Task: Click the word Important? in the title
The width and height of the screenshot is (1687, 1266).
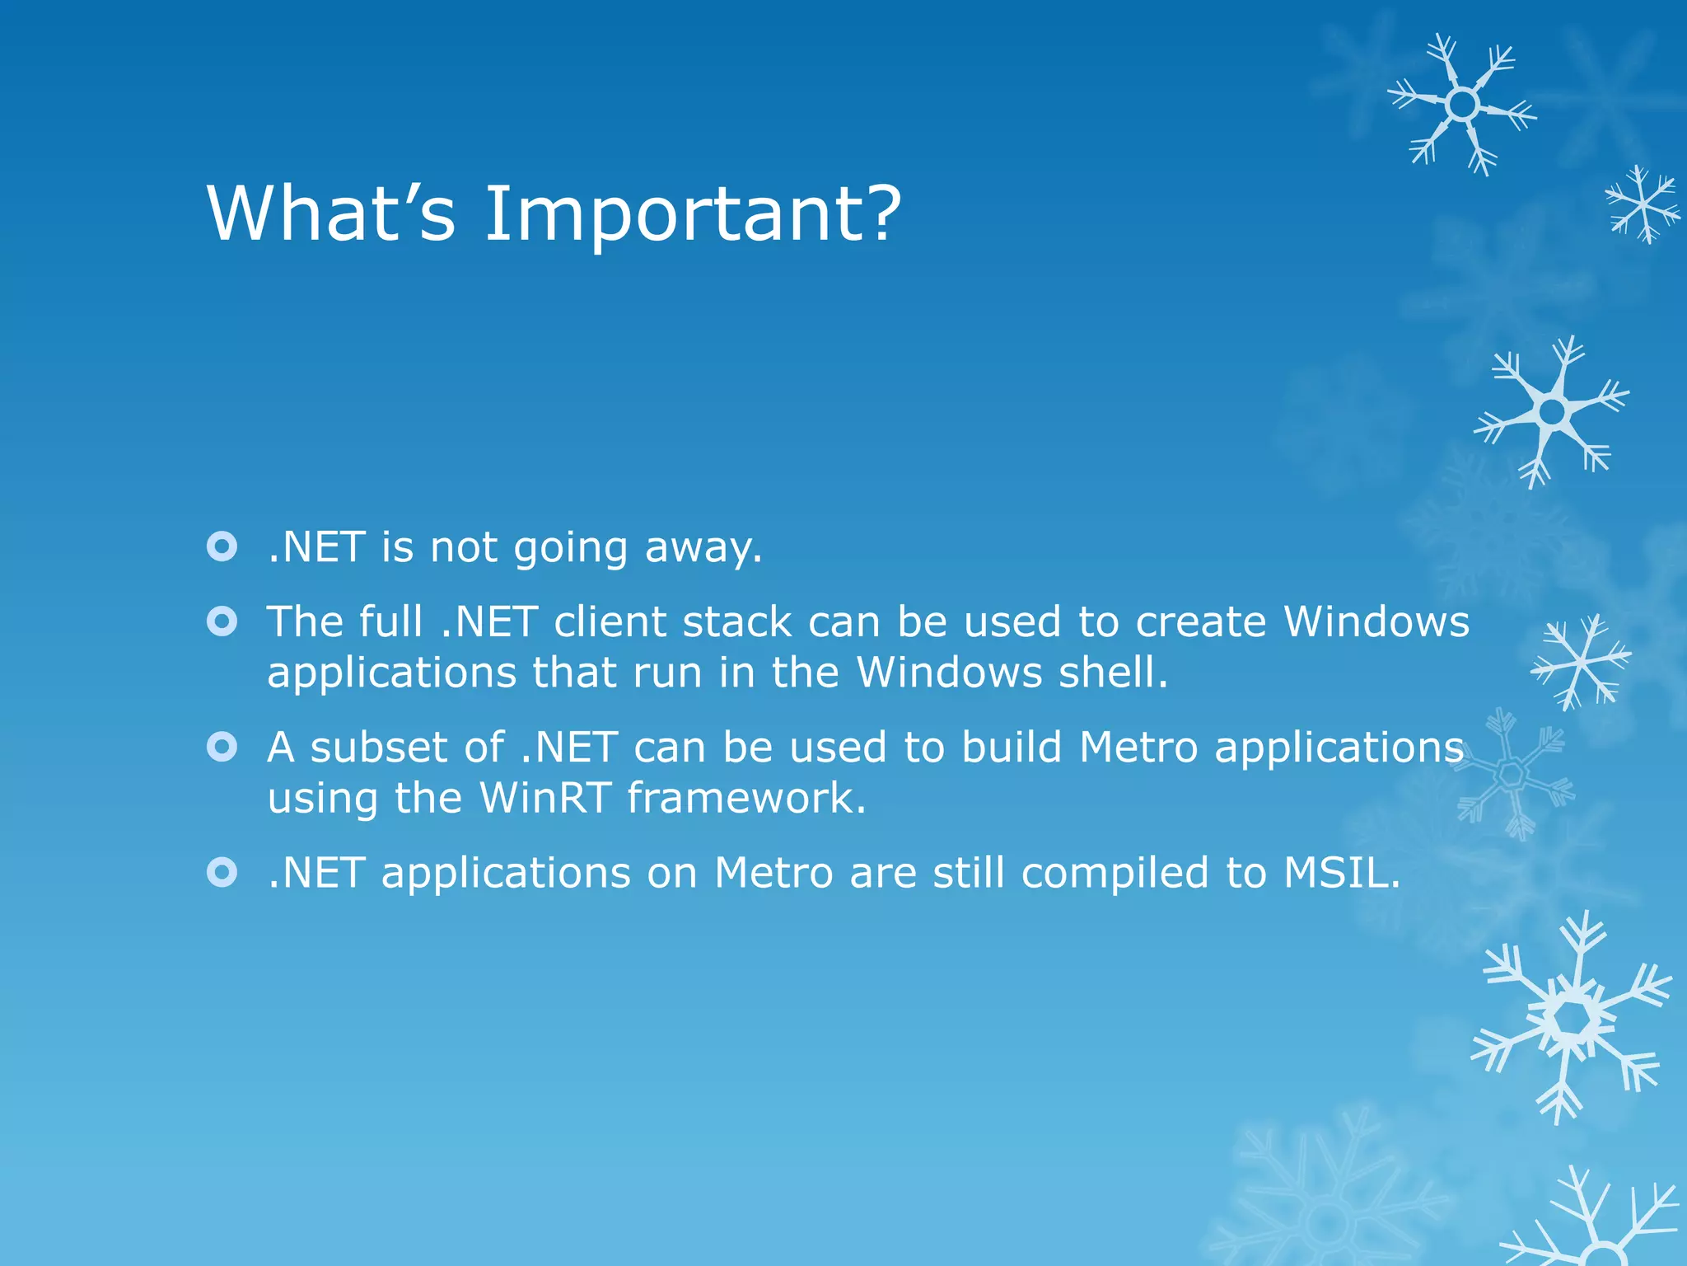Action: [x=692, y=214]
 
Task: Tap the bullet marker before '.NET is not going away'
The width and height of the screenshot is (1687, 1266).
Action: [x=222, y=546]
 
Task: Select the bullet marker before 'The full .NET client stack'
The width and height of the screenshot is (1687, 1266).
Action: [x=222, y=621]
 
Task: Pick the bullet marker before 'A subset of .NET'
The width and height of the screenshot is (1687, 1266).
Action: [x=222, y=747]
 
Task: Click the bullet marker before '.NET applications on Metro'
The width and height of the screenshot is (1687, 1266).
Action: [x=222, y=872]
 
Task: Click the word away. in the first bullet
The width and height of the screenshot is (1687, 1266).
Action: [x=703, y=547]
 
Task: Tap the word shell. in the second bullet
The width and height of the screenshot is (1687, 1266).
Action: [x=1113, y=673]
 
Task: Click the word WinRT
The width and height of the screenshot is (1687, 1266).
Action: [x=544, y=798]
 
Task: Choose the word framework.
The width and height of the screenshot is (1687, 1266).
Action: [x=746, y=798]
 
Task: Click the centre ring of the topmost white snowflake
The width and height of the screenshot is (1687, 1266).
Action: [x=1463, y=105]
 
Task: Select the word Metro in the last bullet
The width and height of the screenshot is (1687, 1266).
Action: [x=773, y=873]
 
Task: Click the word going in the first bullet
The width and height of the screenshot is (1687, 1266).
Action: [x=570, y=549]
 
